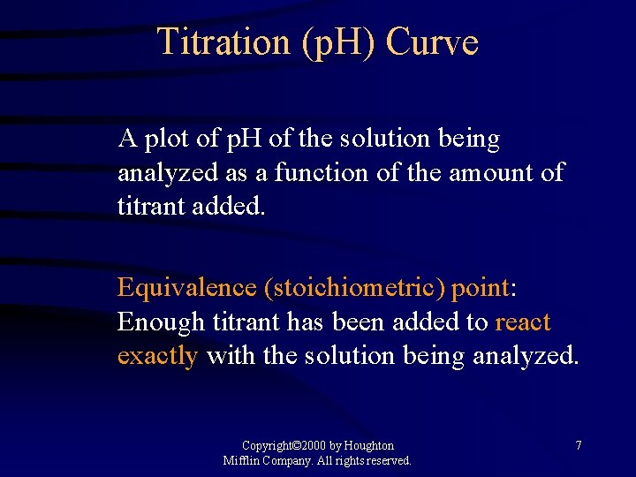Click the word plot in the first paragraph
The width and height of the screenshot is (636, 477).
pyautogui.click(x=165, y=140)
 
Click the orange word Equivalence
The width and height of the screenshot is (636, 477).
pyautogui.click(x=186, y=289)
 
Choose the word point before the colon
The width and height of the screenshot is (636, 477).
pyautogui.click(x=480, y=289)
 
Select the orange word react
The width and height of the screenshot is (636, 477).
pyautogui.click(x=523, y=322)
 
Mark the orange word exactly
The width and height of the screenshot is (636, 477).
pyautogui.click(x=157, y=356)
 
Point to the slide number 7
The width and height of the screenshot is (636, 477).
pyautogui.click(x=579, y=446)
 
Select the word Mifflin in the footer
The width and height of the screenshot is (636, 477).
pyautogui.click(x=241, y=461)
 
